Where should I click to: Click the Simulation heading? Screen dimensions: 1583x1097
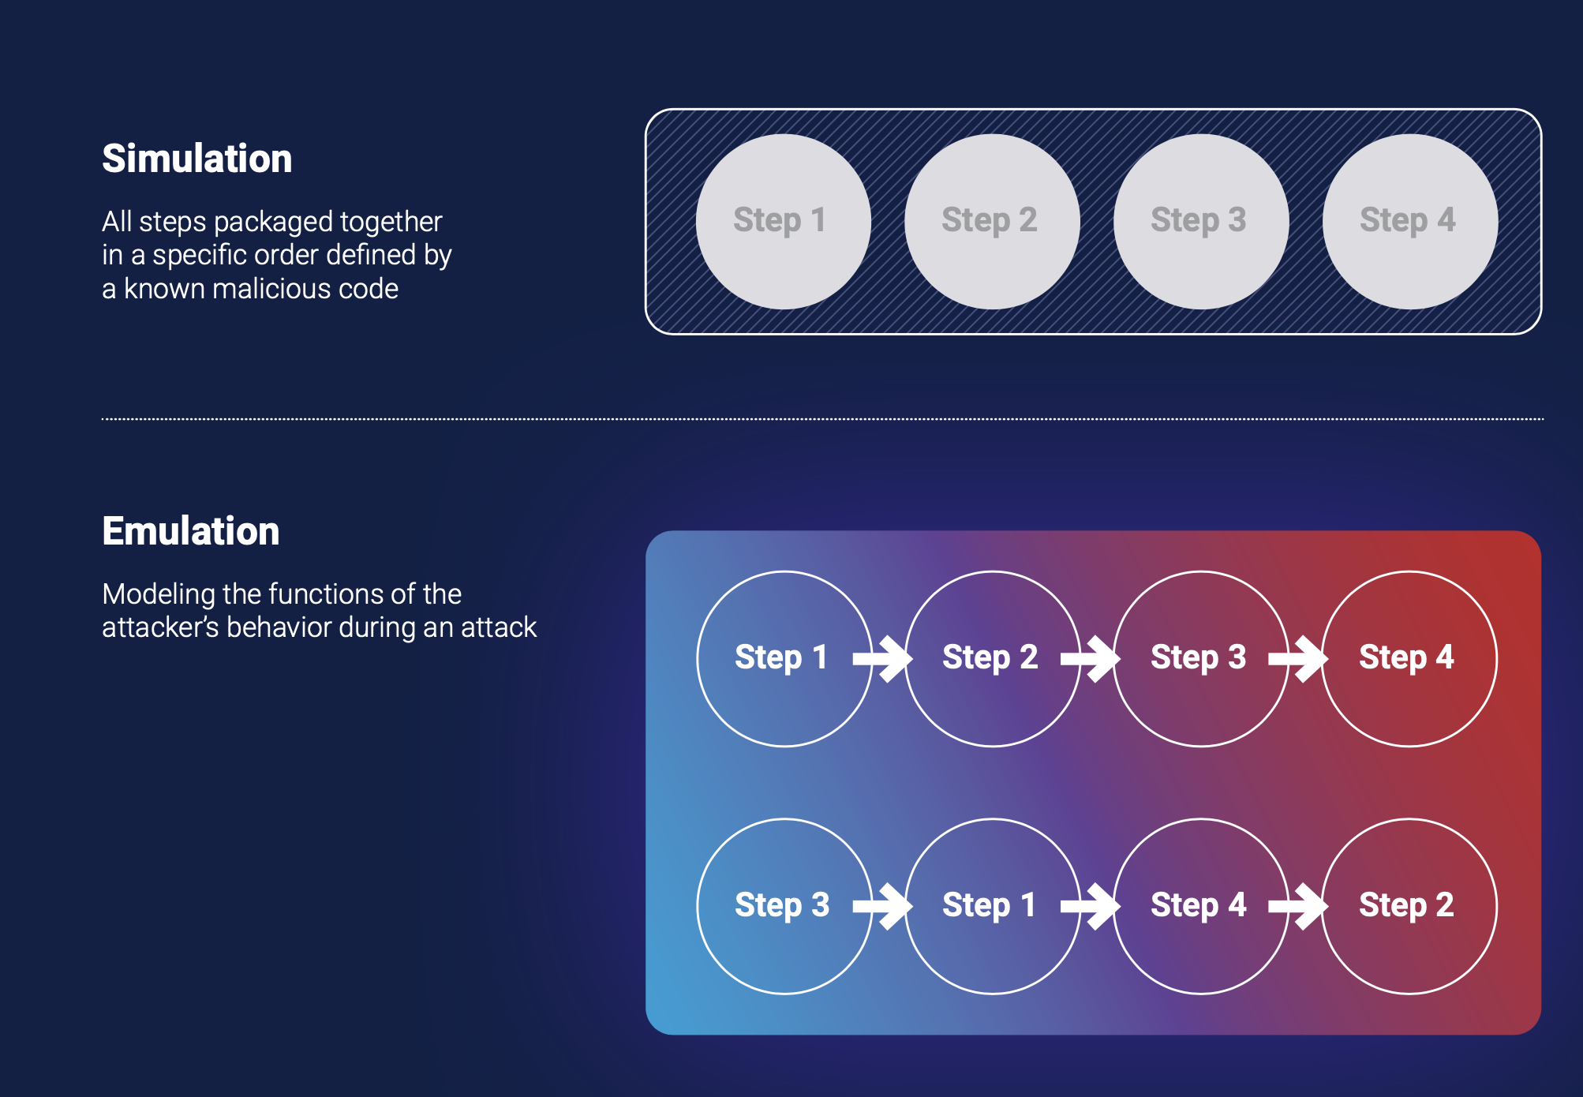coord(196,158)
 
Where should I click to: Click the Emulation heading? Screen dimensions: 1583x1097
coord(190,530)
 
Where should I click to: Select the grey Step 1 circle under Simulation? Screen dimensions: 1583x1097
coord(783,221)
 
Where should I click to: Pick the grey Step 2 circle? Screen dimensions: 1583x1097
coord(992,221)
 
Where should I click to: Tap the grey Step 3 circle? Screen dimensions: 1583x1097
coord(1200,221)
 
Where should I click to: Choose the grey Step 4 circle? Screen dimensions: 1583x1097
coord(1409,221)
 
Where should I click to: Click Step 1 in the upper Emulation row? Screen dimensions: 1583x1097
coord(784,658)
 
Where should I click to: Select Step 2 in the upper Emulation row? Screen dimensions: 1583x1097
coord(992,658)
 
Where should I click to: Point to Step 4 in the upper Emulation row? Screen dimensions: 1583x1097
coord(1409,658)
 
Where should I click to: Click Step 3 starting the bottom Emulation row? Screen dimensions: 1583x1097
coord(784,906)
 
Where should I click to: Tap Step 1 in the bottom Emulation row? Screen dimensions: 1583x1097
coord(992,906)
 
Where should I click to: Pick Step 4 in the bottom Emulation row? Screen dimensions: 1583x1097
coord(1200,906)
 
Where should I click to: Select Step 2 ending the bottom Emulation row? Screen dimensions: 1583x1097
coord(1409,906)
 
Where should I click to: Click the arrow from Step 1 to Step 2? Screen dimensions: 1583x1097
coord(883,658)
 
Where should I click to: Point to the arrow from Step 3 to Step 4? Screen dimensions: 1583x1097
coord(1299,658)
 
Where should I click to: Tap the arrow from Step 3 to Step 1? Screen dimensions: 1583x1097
coord(883,906)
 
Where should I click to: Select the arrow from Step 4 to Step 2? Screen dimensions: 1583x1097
coord(1299,906)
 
